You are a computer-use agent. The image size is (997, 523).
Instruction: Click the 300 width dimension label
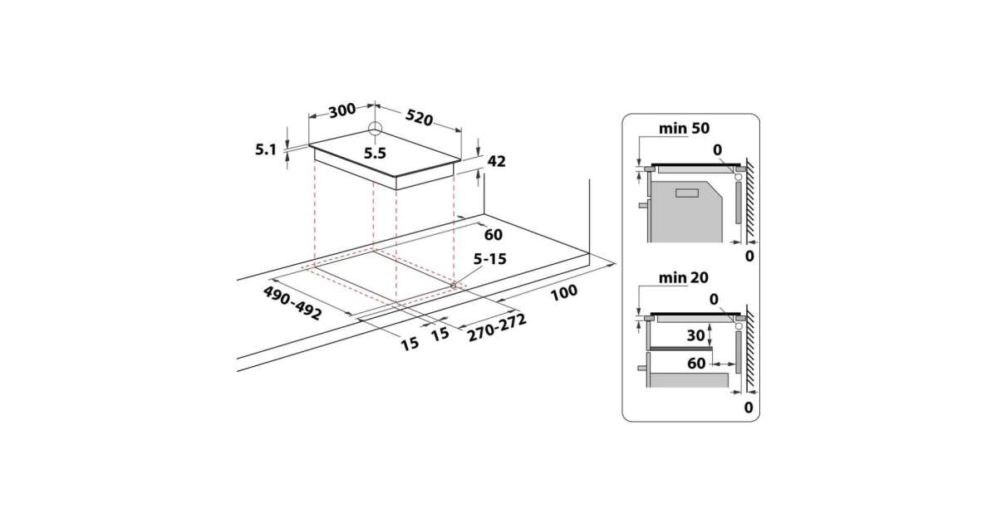click(x=341, y=110)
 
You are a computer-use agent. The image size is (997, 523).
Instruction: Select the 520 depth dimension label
click(x=419, y=117)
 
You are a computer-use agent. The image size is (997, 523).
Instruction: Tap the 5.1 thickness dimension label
click(x=266, y=150)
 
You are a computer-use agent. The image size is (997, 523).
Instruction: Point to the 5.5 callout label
click(x=375, y=154)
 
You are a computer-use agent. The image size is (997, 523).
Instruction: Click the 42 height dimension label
click(x=496, y=161)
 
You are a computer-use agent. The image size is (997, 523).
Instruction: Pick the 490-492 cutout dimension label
click(x=292, y=303)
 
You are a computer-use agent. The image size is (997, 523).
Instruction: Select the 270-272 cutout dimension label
click(x=497, y=328)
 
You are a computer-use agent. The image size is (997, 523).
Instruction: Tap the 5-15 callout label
click(x=489, y=259)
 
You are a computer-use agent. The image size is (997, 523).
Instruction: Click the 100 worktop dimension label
click(x=564, y=292)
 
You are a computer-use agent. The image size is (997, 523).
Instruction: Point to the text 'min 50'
click(x=684, y=129)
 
